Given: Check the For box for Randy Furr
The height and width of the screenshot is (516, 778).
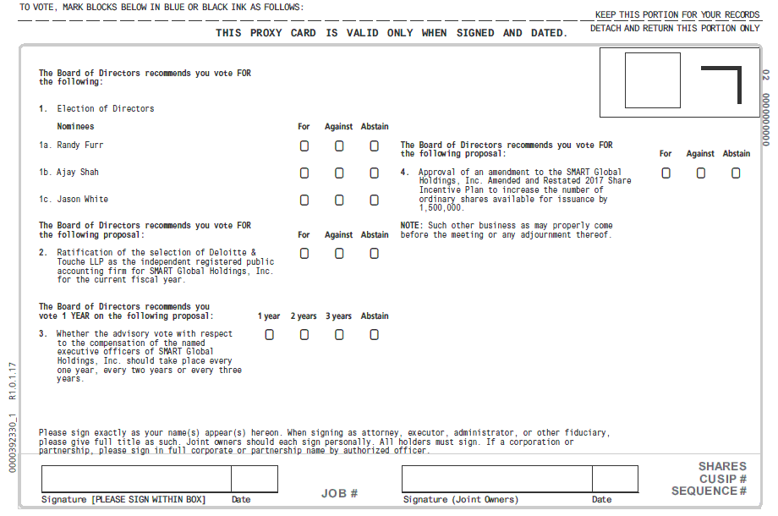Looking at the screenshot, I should (x=304, y=145).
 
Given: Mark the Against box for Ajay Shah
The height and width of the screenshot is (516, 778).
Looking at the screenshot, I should (x=339, y=173).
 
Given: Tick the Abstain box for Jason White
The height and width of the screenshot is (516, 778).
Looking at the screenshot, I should (x=374, y=200).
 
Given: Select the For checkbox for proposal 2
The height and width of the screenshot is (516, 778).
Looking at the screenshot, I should (x=304, y=253).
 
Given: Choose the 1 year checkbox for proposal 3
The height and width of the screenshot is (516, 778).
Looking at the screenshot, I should (x=270, y=334).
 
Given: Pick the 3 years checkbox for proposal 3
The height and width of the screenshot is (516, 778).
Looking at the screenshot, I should (x=339, y=334).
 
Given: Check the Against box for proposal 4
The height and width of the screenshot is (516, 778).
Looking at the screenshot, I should (x=700, y=173).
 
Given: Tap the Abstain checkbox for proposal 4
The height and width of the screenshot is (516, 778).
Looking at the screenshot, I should (x=736, y=173).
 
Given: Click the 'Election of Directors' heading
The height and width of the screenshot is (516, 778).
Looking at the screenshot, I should (x=105, y=108).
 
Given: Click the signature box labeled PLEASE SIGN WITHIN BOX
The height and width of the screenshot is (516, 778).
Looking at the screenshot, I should (x=136, y=479).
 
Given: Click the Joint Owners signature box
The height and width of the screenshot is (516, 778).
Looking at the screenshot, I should (x=496, y=479).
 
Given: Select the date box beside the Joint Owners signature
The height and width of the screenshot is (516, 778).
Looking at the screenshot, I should (x=615, y=479).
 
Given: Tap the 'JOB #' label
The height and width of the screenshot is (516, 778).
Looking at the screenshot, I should (x=339, y=493).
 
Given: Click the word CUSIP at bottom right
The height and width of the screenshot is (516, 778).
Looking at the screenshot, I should (x=718, y=479).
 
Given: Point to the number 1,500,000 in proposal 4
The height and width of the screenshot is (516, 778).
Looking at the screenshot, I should (x=441, y=208).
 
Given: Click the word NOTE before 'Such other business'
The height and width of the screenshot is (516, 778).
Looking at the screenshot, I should (x=411, y=226).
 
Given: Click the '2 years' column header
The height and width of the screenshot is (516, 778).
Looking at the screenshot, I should (x=304, y=316).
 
